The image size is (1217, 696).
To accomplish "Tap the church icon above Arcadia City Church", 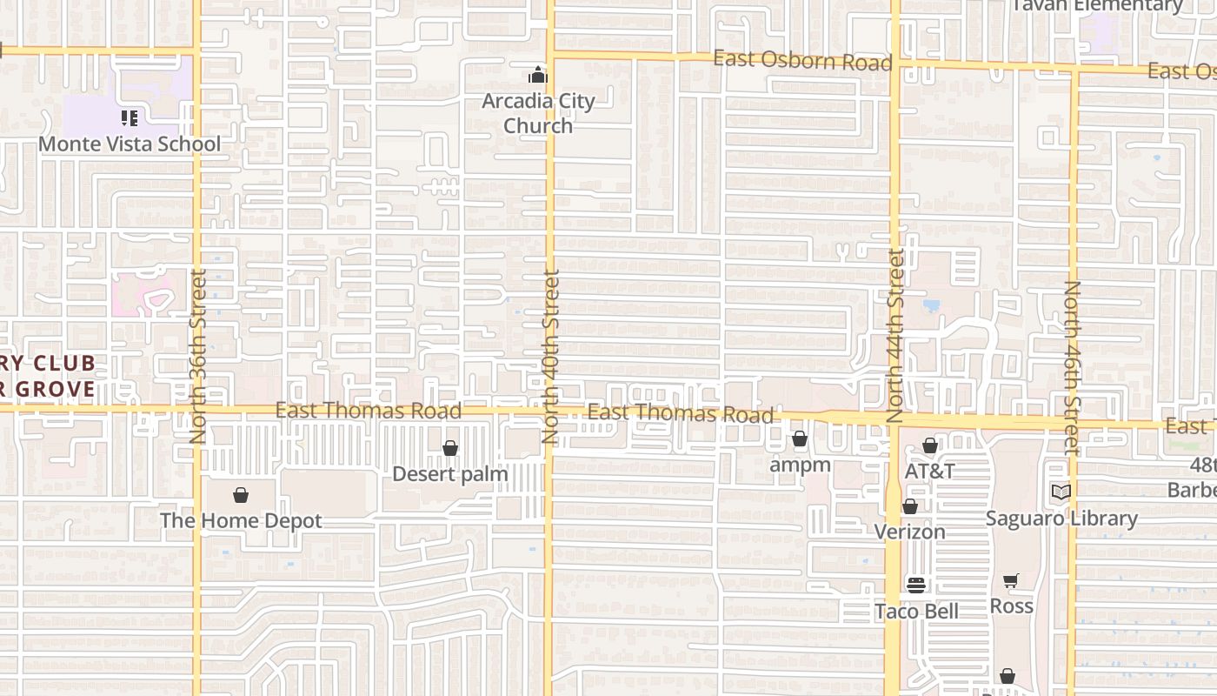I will [x=538, y=75].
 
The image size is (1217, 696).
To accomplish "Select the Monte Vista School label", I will [x=130, y=144].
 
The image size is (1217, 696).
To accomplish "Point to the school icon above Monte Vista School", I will [x=130, y=117].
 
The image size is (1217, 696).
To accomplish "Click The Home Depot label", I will [x=241, y=520].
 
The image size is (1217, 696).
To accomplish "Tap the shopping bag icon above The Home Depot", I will [x=241, y=495].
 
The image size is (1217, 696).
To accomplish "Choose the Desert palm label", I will [x=450, y=474].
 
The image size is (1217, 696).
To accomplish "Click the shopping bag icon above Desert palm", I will [x=450, y=448].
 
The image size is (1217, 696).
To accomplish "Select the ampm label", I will [x=800, y=465].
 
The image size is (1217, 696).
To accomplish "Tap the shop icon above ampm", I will [x=800, y=438].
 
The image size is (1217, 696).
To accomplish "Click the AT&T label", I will [x=929, y=471].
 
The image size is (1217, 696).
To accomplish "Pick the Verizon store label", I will [x=909, y=532].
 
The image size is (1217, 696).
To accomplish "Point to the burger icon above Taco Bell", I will [x=915, y=585].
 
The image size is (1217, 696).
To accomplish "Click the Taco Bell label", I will [x=916, y=611].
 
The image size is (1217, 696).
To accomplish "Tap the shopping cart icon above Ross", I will [x=1010, y=580].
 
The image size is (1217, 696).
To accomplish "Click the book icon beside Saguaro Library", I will [x=1061, y=492].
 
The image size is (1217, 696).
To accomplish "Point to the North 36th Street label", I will [x=198, y=356].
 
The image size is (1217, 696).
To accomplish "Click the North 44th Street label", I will [x=896, y=336].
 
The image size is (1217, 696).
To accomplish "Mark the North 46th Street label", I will [x=1072, y=367].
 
